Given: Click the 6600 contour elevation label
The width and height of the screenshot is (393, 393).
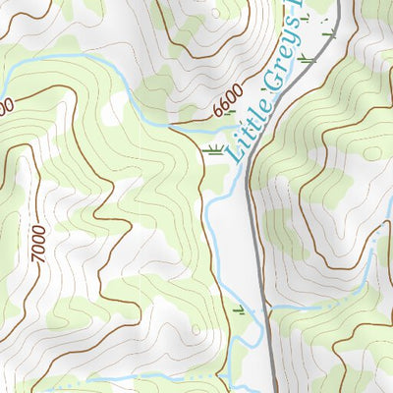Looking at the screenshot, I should pos(226,100).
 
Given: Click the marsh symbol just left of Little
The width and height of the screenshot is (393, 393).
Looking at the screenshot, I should pos(212,149).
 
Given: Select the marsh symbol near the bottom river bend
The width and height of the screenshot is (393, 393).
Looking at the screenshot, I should pos(239,311).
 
